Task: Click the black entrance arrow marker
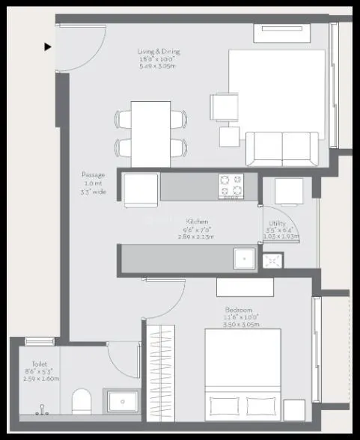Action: [x=48, y=46]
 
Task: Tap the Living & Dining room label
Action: [x=159, y=58]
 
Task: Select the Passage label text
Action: [x=94, y=183]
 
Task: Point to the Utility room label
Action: [x=281, y=230]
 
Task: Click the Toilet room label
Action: [x=40, y=370]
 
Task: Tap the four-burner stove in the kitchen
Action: [x=231, y=185]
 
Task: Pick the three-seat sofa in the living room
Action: [x=284, y=148]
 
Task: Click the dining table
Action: [x=150, y=133]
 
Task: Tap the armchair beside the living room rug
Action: [x=225, y=107]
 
